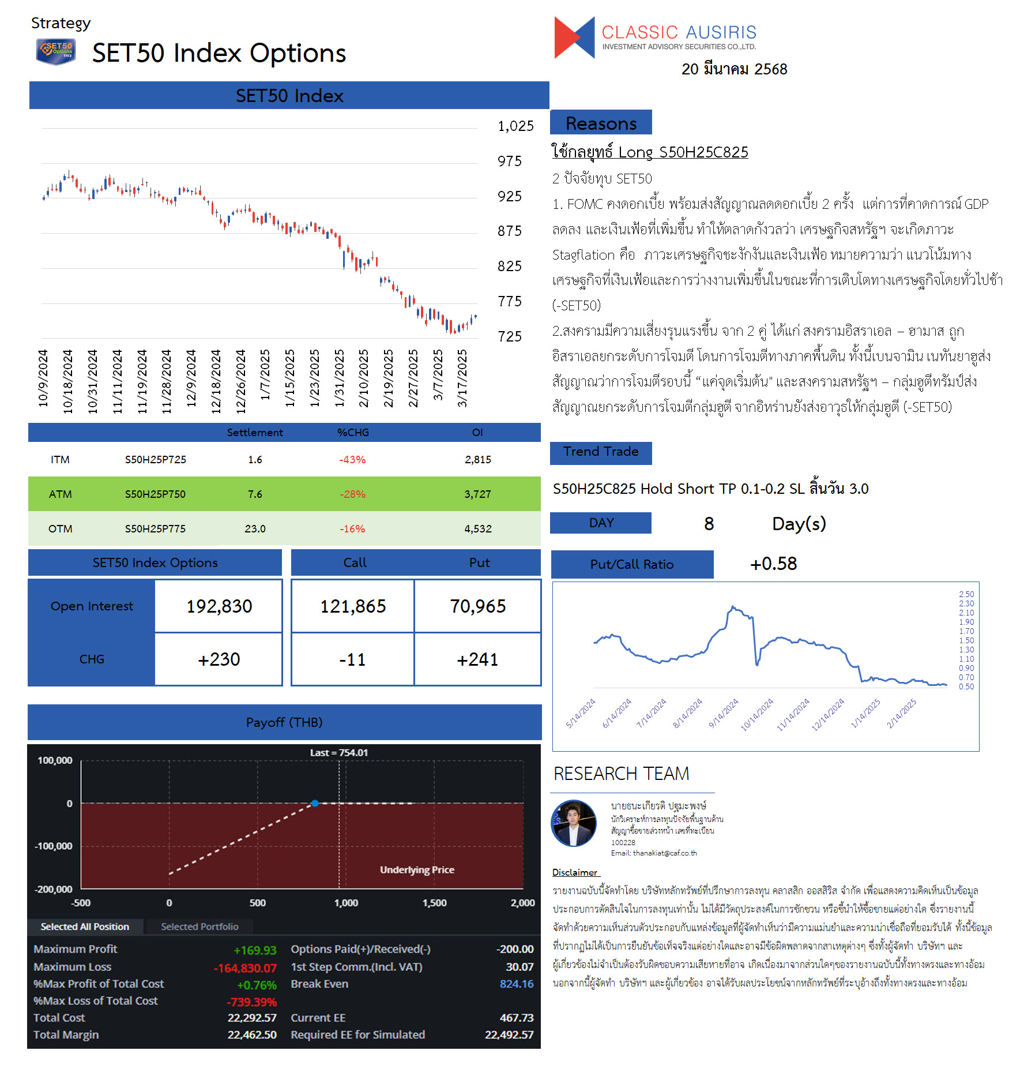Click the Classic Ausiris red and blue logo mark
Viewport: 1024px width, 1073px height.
click(574, 37)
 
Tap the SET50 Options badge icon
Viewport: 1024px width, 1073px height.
click(56, 51)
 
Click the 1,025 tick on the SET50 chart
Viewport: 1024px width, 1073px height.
click(515, 126)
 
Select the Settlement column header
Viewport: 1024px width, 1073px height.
click(255, 432)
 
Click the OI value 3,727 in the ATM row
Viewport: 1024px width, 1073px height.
click(477, 494)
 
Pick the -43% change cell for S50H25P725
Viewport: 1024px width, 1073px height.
click(352, 459)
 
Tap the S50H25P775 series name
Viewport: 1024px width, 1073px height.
click(155, 528)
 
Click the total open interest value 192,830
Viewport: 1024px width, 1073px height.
click(219, 606)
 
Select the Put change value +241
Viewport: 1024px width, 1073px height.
click(477, 659)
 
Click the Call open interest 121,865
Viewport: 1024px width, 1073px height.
click(353, 606)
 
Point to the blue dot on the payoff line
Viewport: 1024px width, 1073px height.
click(315, 803)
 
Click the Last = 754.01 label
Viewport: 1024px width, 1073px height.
click(339, 752)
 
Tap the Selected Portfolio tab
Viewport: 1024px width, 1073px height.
click(199, 926)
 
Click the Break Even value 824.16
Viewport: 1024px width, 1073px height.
click(517, 984)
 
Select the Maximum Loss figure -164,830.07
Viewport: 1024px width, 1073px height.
click(245, 967)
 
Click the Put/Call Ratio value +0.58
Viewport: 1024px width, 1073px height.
click(773, 564)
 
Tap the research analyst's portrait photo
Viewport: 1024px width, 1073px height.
click(574, 823)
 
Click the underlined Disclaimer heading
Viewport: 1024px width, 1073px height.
click(575, 872)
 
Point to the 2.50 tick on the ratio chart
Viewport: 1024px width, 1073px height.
click(966, 594)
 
